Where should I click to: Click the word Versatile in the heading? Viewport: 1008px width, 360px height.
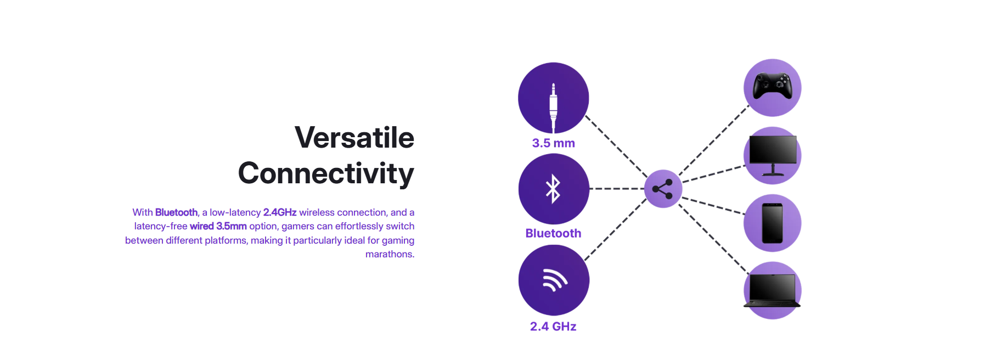pyautogui.click(x=354, y=137)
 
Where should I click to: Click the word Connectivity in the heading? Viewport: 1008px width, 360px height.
pyautogui.click(x=326, y=174)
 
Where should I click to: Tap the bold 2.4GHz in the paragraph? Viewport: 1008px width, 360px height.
pyautogui.click(x=280, y=212)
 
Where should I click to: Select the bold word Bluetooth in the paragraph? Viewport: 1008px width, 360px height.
pyautogui.click(x=176, y=212)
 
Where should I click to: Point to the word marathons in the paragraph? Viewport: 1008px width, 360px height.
pyautogui.click(x=389, y=254)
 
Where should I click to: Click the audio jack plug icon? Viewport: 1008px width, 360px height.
pyautogui.click(x=553, y=108)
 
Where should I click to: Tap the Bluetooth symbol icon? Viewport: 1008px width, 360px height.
pyautogui.click(x=553, y=189)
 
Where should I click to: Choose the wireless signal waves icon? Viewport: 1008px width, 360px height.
pyautogui.click(x=554, y=280)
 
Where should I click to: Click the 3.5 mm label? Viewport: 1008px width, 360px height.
pyautogui.click(x=553, y=143)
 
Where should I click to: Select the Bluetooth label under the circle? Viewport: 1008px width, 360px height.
pyautogui.click(x=553, y=233)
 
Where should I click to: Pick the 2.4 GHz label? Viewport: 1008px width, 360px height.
pyautogui.click(x=553, y=327)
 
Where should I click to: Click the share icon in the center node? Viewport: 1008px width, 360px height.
pyautogui.click(x=662, y=189)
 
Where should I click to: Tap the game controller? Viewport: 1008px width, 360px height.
pyautogui.click(x=772, y=86)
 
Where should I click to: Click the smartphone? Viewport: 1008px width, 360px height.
pyautogui.click(x=772, y=223)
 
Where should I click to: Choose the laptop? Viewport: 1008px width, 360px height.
pyautogui.click(x=772, y=290)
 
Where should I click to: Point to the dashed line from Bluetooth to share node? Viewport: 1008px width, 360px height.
pyautogui.click(x=617, y=189)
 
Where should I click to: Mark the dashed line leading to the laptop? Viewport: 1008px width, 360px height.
pyautogui.click(x=714, y=239)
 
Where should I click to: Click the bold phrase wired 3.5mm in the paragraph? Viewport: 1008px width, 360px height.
pyautogui.click(x=218, y=226)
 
